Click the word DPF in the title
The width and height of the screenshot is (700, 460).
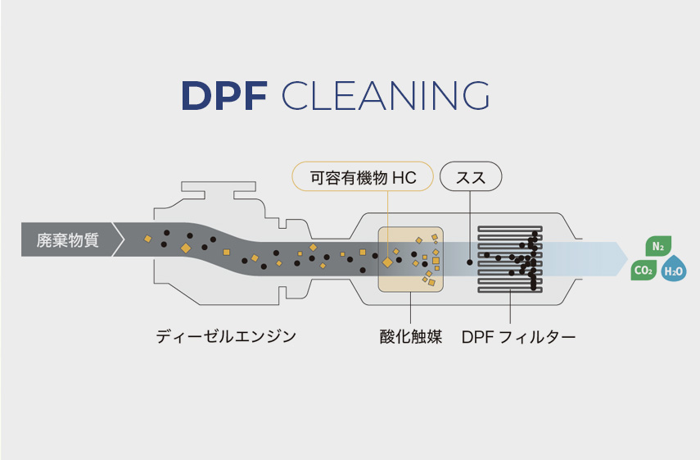224,97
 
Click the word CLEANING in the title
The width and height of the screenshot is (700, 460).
385,97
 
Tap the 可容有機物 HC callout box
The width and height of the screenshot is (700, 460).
363,176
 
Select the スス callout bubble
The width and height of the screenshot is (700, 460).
471,176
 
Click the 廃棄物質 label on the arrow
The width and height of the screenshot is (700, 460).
69,240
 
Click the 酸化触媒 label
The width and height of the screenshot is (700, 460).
411,336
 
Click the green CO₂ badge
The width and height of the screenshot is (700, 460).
644,270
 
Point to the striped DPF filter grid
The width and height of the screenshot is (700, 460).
509,259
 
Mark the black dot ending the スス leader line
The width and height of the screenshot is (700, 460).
470,262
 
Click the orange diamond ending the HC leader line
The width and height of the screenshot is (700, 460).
387,262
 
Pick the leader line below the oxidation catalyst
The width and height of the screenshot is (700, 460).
410,308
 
